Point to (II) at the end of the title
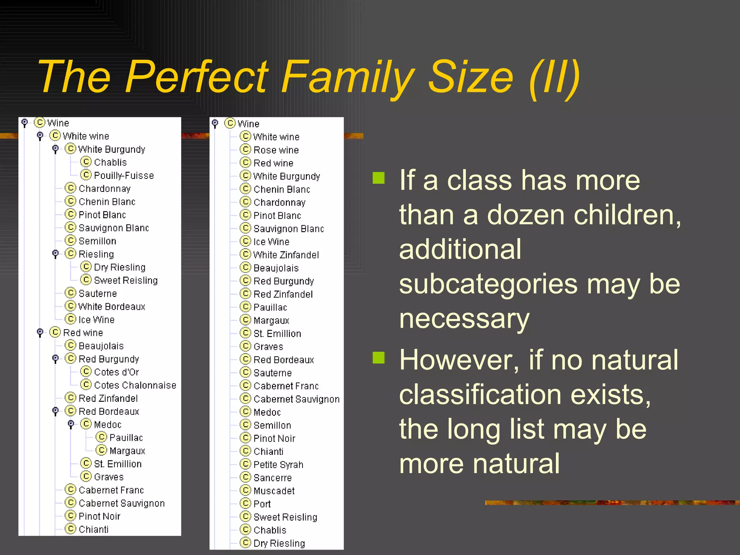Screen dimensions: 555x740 (554, 77)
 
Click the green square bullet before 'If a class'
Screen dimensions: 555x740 (379, 178)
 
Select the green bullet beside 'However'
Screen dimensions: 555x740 (379, 357)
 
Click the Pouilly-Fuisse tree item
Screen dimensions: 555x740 (124, 176)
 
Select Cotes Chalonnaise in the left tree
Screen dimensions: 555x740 (135, 385)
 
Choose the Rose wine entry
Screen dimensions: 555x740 (276, 150)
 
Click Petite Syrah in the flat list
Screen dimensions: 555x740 (278, 465)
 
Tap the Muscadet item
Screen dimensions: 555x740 (274, 491)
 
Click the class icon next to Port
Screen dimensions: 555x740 (245, 503)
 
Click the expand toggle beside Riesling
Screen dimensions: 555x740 (55, 254)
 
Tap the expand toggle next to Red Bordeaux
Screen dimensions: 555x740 (55, 411)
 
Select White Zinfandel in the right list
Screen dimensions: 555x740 (286, 255)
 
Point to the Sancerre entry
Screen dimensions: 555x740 (272, 478)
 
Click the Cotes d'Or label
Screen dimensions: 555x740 (116, 372)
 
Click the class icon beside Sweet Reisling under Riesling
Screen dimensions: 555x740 (86, 280)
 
